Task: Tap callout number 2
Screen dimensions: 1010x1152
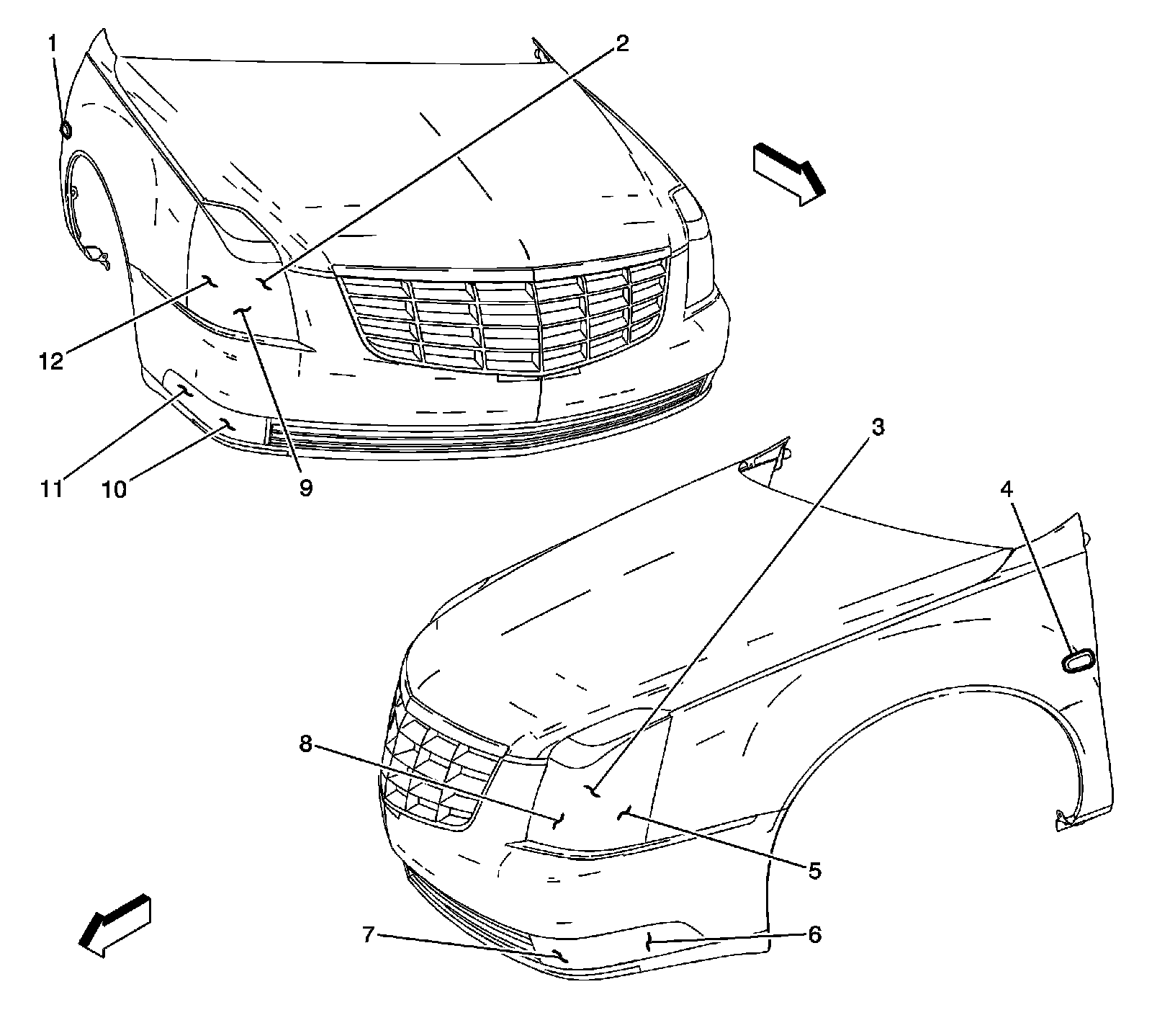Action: click(622, 44)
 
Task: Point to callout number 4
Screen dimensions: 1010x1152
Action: click(1006, 490)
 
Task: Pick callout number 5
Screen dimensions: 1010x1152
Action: click(814, 870)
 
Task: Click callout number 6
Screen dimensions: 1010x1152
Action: click(814, 934)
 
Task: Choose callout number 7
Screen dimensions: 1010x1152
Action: click(368, 936)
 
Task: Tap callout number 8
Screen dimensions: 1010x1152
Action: click(307, 744)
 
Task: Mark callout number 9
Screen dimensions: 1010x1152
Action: click(306, 488)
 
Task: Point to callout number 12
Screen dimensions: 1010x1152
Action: click(51, 361)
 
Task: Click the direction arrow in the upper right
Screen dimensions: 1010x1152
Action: click(788, 174)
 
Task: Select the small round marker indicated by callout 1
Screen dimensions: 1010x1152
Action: click(66, 130)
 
